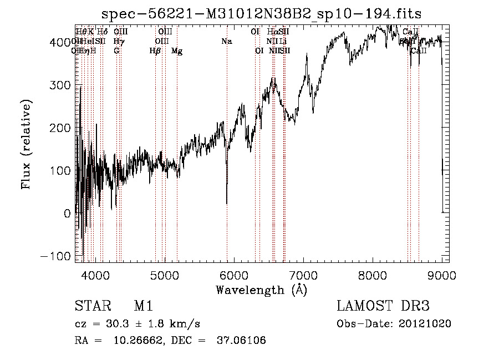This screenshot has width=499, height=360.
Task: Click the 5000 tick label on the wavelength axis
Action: pyautogui.click(x=164, y=275)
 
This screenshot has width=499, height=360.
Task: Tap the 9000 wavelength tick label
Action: pyautogui.click(x=442, y=275)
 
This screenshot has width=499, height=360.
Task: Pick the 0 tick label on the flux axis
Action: pyautogui.click(x=67, y=214)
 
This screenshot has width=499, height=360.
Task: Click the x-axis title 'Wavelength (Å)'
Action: pyautogui.click(x=261, y=290)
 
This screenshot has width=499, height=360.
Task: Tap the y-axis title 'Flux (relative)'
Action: pyautogui.click(x=27, y=144)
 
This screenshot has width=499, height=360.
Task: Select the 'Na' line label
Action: pyautogui.click(x=226, y=42)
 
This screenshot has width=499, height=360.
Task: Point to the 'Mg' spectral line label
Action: pyautogui.click(x=177, y=51)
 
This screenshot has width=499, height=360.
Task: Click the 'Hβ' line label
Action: pyautogui.click(x=155, y=51)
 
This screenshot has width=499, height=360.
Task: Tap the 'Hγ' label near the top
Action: pyautogui.click(x=119, y=42)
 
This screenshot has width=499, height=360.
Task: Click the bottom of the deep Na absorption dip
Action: pyautogui.click(x=227, y=204)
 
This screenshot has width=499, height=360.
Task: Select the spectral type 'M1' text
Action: pyautogui.click(x=143, y=306)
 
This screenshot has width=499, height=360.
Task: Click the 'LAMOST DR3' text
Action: pyautogui.click(x=383, y=306)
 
